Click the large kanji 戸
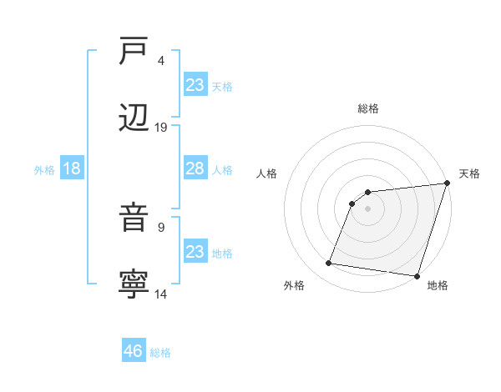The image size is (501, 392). pos(134,51)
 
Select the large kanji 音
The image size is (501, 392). pos(134,219)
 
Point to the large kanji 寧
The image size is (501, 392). pos(134,284)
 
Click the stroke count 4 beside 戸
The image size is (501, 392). pos(160,61)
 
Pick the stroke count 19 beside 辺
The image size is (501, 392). pos(161,128)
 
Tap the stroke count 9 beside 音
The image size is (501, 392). pos(160,227)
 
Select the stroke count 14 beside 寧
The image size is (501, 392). pos(161,294)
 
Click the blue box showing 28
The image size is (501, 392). pos(195,169)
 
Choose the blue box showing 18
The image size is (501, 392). pos(72,169)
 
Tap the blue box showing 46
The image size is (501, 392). pos(134,351)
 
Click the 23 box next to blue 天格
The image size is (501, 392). pos(195,85)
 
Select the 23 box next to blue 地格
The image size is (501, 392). pos(195,252)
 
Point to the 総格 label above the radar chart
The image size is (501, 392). pos(368,108)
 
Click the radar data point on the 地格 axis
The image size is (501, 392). pos(417,275)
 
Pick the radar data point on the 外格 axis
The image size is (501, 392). pos(328,264)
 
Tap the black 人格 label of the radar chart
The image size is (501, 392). pos(267,173)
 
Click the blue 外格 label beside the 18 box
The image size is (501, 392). pos(44,170)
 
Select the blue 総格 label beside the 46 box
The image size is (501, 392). pos(161,353)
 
